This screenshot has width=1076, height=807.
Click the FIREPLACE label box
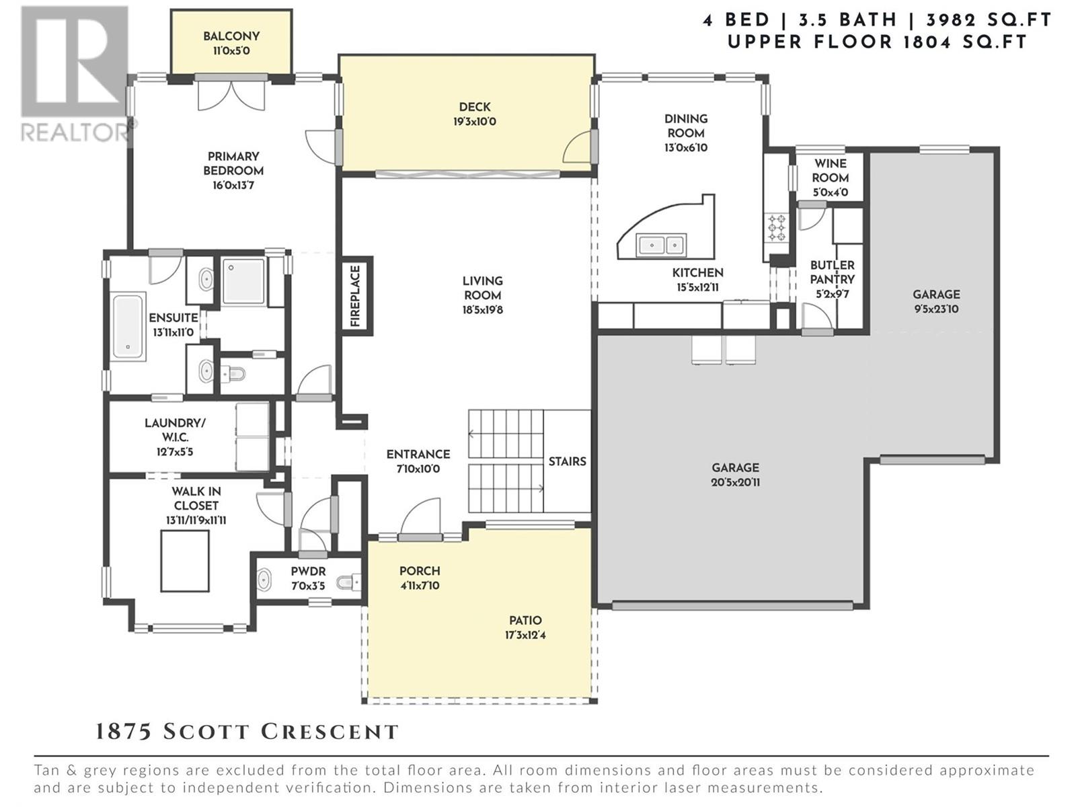356,296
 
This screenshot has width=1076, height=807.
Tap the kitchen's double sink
661,245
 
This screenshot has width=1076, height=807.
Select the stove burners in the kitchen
775,227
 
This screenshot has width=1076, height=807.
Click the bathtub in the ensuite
128,326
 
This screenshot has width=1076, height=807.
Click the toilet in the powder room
348,582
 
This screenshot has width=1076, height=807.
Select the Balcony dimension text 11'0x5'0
231,50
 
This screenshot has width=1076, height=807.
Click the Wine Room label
831,171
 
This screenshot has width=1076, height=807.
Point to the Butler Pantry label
832,272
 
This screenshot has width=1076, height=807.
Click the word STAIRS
567,461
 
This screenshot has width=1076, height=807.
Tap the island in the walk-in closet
185,561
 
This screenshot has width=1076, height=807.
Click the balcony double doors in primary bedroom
231,95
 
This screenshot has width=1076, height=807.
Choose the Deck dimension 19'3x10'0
475,122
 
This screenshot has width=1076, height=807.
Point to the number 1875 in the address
124,732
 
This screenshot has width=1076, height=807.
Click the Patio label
525,620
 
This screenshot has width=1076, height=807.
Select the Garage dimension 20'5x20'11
735,482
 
